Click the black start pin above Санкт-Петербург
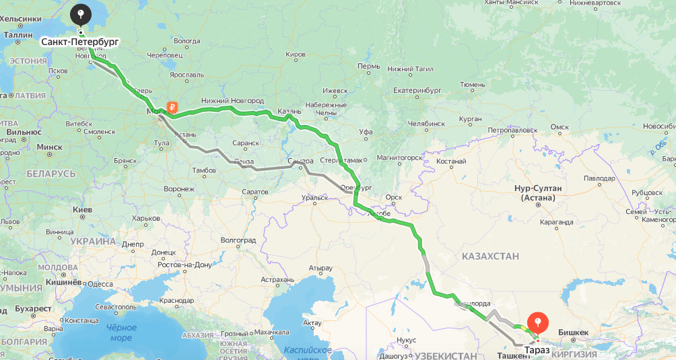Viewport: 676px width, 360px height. (x=81, y=13)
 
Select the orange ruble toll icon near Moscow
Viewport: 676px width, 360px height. (x=172, y=107)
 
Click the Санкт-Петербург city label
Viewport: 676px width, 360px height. (x=79, y=42)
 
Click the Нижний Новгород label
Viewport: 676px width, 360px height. (x=232, y=101)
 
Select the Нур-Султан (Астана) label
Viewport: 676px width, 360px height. (x=541, y=193)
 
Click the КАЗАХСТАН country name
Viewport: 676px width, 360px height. (x=490, y=256)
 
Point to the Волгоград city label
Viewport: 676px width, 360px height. (x=238, y=240)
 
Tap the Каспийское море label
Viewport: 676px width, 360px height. (x=307, y=353)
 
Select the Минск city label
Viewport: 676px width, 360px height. (x=49, y=147)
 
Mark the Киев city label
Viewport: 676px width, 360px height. (x=82, y=210)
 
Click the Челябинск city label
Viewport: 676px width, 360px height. (x=427, y=124)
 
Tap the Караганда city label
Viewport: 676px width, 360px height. (x=555, y=222)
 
